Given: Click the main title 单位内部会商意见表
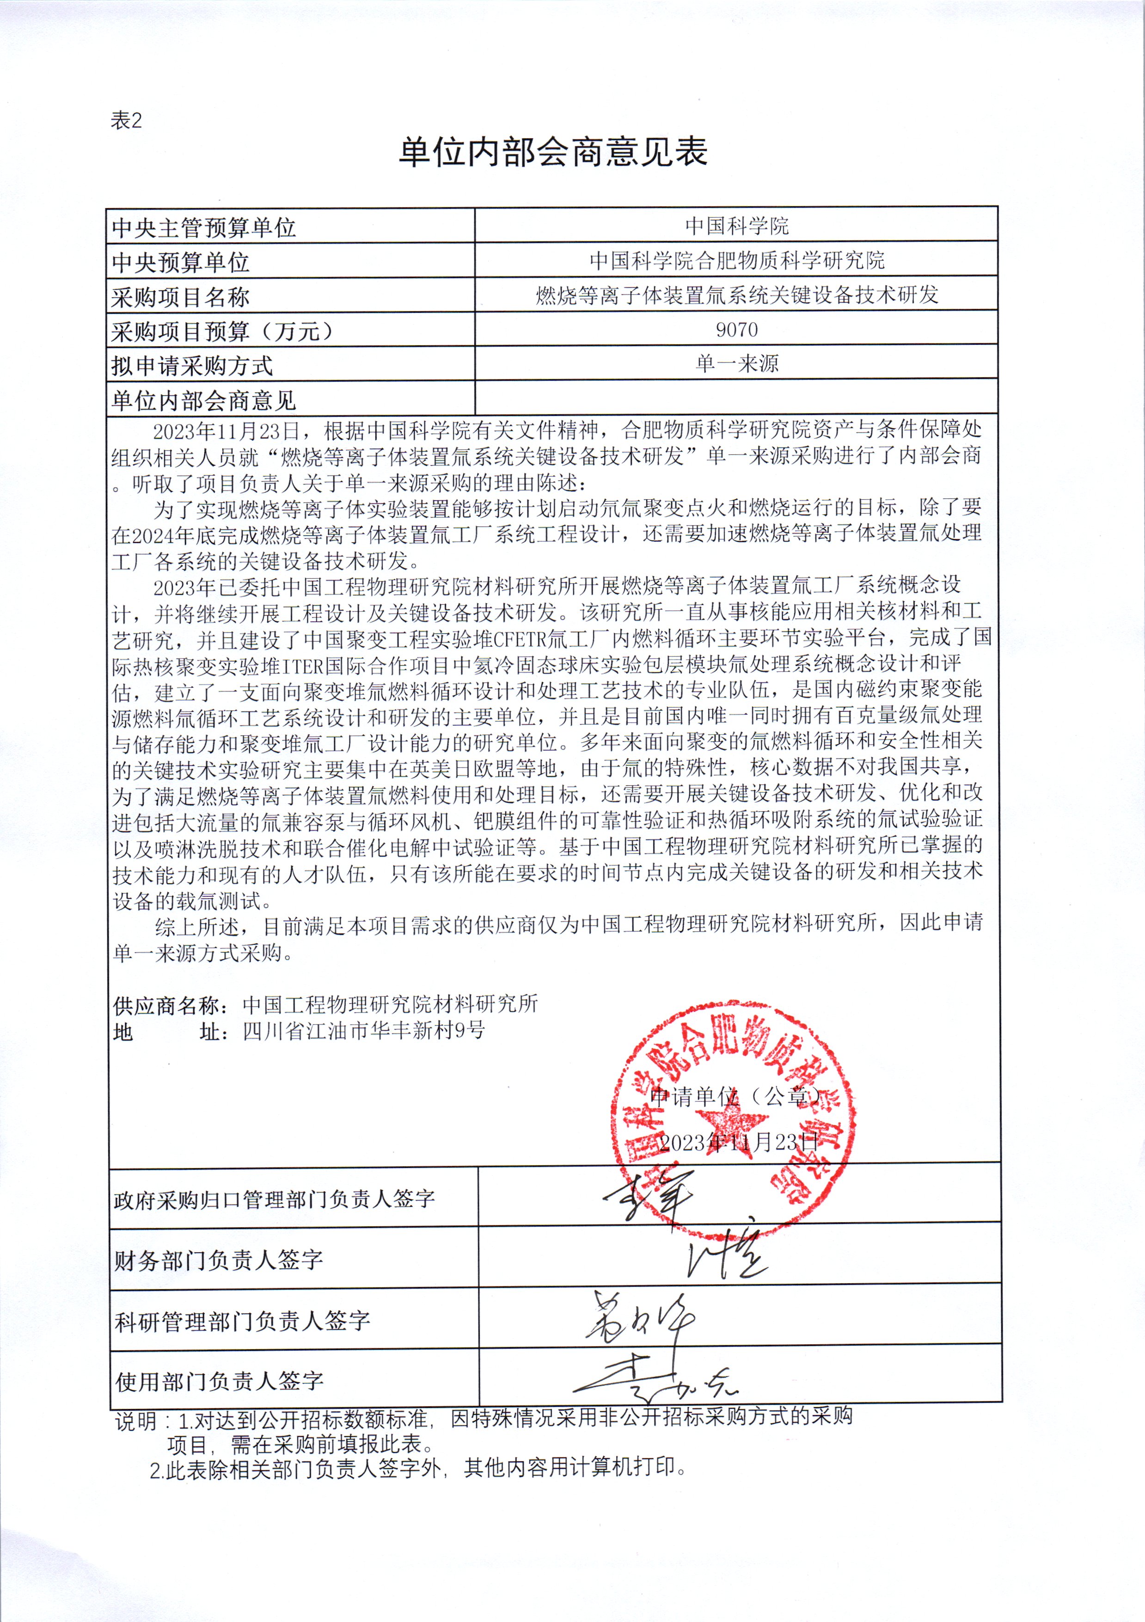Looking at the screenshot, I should tap(553, 152).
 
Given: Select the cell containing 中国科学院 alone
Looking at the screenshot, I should tap(737, 226).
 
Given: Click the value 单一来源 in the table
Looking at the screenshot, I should tap(737, 364).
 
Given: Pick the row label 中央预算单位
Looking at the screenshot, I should tap(181, 262).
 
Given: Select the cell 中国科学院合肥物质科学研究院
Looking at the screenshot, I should tap(737, 261).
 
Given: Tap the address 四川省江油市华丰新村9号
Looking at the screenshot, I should tap(364, 1031).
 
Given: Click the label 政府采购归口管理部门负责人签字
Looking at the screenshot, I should tap(274, 1199).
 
